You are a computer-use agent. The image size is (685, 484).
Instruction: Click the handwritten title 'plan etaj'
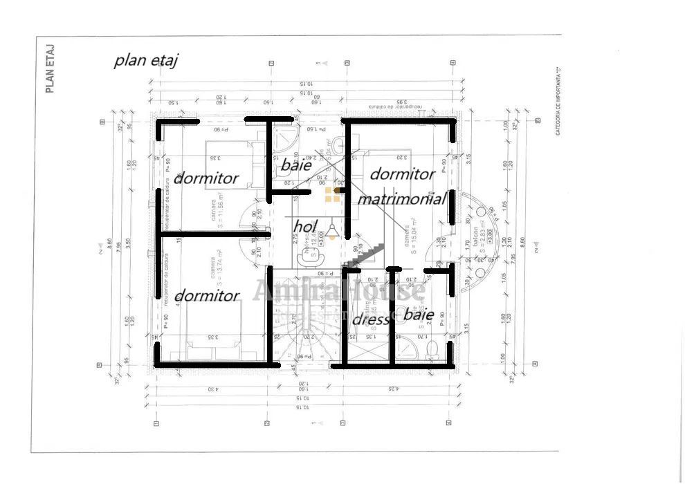pos(146,60)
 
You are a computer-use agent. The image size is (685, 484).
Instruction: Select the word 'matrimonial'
pos(401,199)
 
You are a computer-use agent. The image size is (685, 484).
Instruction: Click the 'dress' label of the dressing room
pos(370,320)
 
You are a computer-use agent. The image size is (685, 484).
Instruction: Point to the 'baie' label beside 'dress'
pos(419,315)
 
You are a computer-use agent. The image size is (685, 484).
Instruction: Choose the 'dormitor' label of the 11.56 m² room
pos(206,178)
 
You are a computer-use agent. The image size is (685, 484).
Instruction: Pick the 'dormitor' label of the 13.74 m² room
pos(206,296)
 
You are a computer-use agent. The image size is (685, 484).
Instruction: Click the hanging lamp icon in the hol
pos(333,230)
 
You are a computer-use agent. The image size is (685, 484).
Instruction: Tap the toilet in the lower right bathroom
pos(432,348)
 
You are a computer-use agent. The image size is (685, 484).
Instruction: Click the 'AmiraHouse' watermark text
pos(338,291)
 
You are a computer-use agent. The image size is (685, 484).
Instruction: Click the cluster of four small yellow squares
pos(332,195)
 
